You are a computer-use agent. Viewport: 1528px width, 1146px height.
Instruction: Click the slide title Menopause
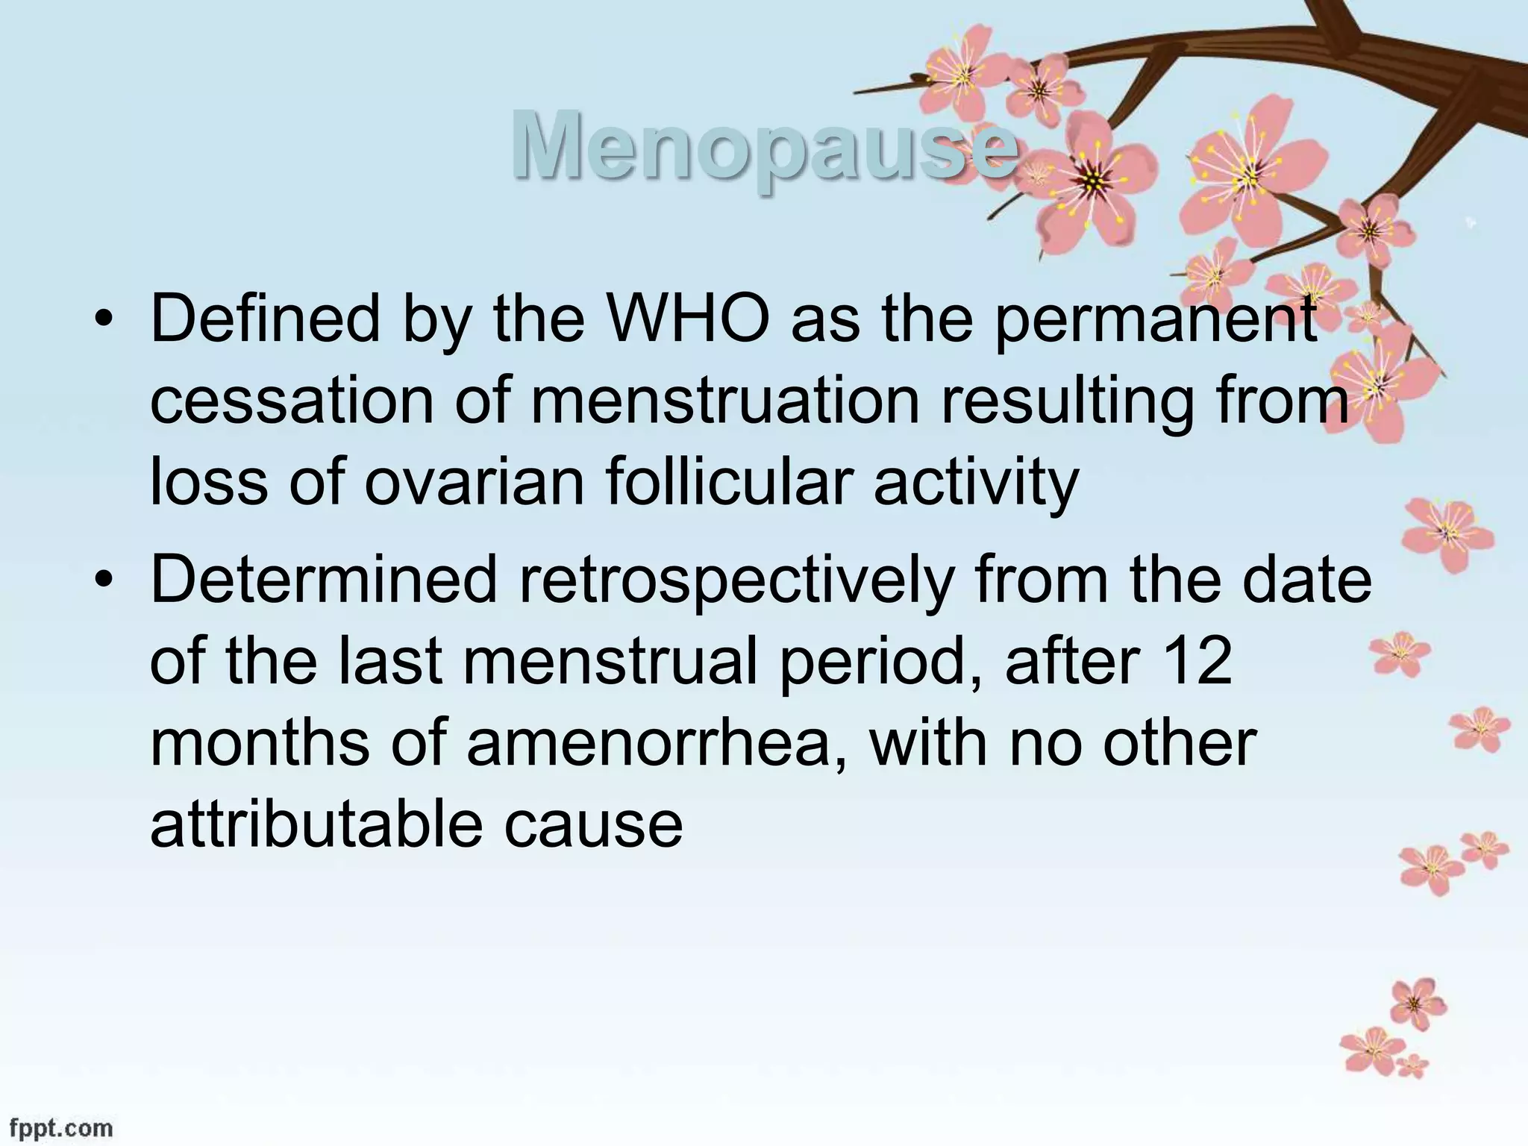(x=764, y=145)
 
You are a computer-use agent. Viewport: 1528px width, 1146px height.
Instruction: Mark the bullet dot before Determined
(x=104, y=582)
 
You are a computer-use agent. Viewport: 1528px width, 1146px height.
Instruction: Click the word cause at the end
(x=593, y=827)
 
